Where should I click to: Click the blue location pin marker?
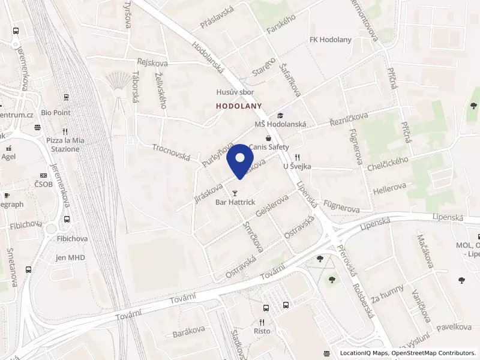[x=240, y=159]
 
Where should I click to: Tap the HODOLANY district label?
[x=239, y=106]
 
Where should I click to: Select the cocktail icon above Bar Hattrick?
[x=235, y=193]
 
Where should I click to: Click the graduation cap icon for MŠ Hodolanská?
[x=280, y=115]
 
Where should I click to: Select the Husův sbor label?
[x=235, y=92]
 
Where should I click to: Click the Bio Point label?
[x=56, y=113]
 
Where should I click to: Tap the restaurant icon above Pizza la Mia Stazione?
[x=65, y=131]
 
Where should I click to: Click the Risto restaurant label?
[x=262, y=331]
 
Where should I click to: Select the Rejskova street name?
[x=152, y=62]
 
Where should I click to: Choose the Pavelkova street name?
[x=454, y=327]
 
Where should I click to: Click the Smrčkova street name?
[x=253, y=236]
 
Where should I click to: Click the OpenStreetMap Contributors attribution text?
[x=433, y=353]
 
